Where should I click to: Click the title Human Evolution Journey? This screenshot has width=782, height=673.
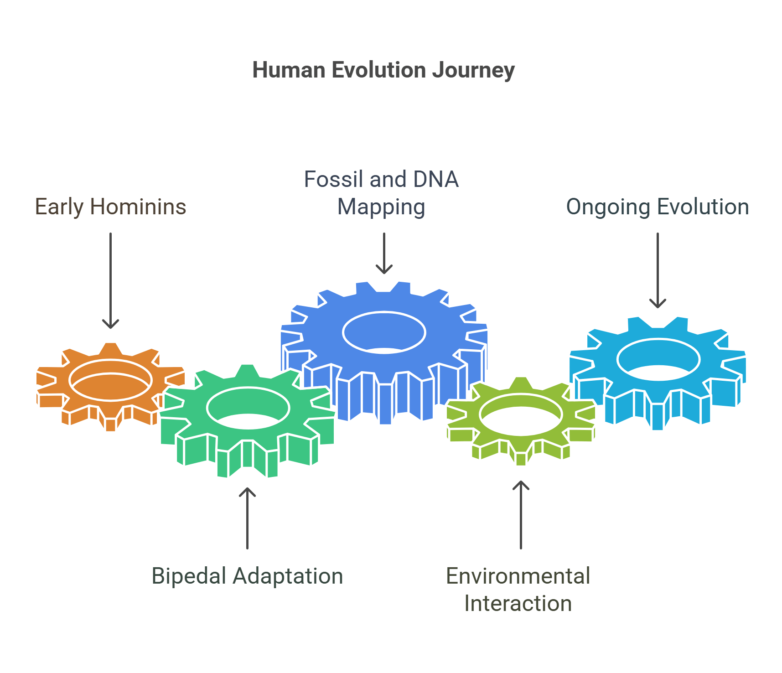pos(383,71)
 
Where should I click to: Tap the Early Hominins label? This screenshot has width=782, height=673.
pos(110,207)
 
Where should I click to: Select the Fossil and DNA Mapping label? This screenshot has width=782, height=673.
pos(381,193)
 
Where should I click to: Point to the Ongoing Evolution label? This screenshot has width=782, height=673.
pos(657,207)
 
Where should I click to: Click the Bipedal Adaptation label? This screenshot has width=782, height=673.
pos(247,576)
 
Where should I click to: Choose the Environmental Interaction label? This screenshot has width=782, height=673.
pos(518,590)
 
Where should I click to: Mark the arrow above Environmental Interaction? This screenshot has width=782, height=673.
pos(521,515)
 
